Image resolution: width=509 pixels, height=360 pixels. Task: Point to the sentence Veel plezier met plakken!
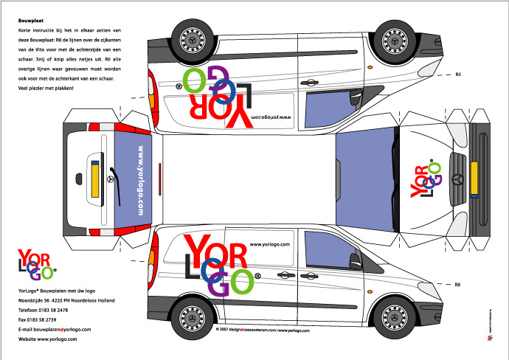(x=50, y=88)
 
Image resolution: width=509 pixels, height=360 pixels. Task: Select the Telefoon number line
(x=48, y=311)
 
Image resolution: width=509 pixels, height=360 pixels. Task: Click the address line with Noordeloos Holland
(x=66, y=301)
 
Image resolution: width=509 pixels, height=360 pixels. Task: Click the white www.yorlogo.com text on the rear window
(x=139, y=180)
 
